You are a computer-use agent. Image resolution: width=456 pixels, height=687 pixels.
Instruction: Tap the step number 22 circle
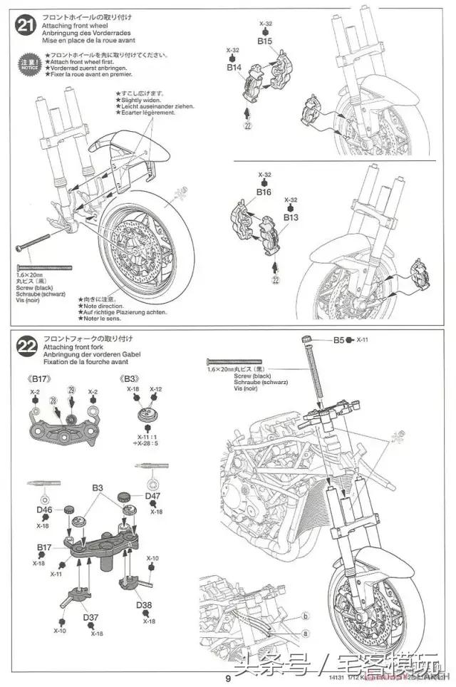(x=26, y=348)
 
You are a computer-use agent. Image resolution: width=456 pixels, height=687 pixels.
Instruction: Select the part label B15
(x=265, y=41)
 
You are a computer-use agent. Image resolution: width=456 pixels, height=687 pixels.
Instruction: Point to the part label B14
(x=234, y=68)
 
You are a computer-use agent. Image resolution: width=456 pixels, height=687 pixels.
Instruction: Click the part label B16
(x=264, y=192)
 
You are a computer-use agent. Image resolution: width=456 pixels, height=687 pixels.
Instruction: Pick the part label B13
(x=291, y=217)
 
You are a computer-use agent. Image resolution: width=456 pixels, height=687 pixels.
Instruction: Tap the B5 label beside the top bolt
(x=339, y=341)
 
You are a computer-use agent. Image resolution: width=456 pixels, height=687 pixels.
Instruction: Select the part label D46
(x=45, y=510)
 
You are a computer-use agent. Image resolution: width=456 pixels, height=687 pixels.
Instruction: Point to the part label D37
(x=90, y=617)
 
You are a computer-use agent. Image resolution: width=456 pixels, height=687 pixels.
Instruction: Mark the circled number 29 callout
(x=71, y=390)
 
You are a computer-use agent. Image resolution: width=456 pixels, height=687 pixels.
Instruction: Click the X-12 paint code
(x=156, y=389)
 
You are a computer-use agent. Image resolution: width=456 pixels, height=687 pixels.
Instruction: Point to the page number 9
(x=227, y=678)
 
